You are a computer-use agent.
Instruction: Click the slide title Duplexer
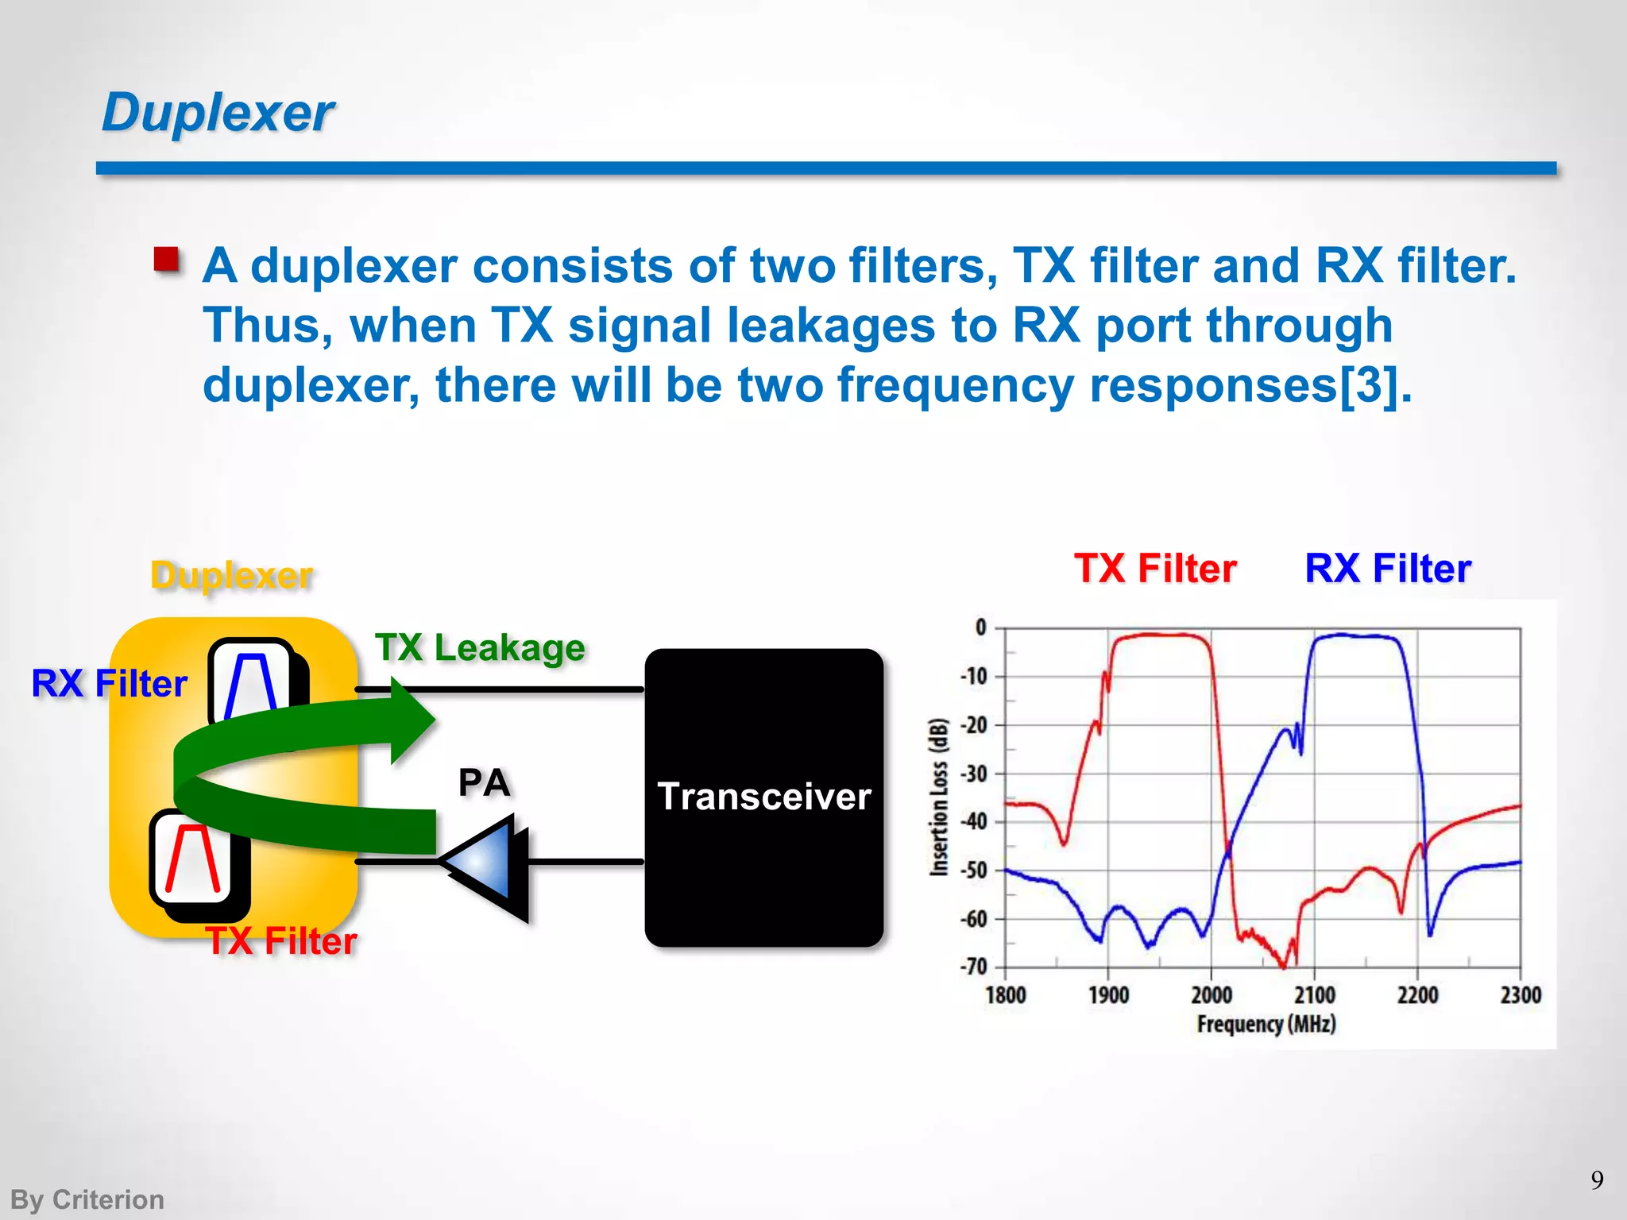218,113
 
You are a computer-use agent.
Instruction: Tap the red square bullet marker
167,260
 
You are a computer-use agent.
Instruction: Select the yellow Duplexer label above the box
232,575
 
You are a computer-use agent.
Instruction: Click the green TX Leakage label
480,648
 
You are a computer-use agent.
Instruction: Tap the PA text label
484,783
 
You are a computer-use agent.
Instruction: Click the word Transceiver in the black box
764,797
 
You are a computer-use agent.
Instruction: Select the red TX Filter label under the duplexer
281,941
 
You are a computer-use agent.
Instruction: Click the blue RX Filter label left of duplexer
109,684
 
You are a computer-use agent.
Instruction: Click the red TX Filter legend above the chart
1155,569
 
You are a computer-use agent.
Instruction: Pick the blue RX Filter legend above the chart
1388,569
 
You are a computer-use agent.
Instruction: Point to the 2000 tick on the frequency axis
1211,994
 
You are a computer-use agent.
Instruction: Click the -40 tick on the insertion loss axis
974,822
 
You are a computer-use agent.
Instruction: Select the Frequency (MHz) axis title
1266,1024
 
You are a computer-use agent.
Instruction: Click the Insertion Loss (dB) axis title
939,797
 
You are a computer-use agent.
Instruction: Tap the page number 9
1597,1180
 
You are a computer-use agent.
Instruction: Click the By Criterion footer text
87,1199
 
